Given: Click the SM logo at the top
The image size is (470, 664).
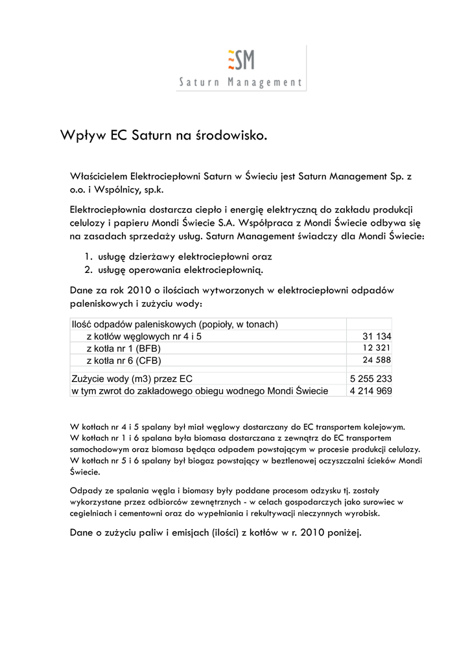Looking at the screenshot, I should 241,60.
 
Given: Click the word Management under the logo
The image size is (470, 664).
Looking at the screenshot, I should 266,82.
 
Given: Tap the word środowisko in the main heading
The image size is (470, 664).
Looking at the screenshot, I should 231,136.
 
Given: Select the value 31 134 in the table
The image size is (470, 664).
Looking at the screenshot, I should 377,337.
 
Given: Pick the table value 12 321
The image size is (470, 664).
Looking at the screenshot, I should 377,348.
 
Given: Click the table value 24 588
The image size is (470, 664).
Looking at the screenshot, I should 377,360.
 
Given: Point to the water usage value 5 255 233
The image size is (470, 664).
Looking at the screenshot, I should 370,379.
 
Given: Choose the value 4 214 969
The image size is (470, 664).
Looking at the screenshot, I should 370,391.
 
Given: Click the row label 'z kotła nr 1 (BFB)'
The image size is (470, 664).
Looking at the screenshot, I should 123,348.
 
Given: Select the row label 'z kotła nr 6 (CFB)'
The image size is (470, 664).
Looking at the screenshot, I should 124,361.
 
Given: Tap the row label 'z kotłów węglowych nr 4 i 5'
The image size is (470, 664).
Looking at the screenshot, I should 144,337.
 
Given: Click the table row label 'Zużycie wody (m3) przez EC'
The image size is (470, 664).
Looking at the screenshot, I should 132,379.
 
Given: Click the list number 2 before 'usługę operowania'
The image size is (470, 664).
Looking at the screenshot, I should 88,269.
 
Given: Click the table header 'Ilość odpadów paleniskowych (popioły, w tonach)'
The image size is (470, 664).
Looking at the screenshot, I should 174,324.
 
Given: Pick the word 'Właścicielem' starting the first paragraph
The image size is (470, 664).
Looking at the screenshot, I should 99,176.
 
